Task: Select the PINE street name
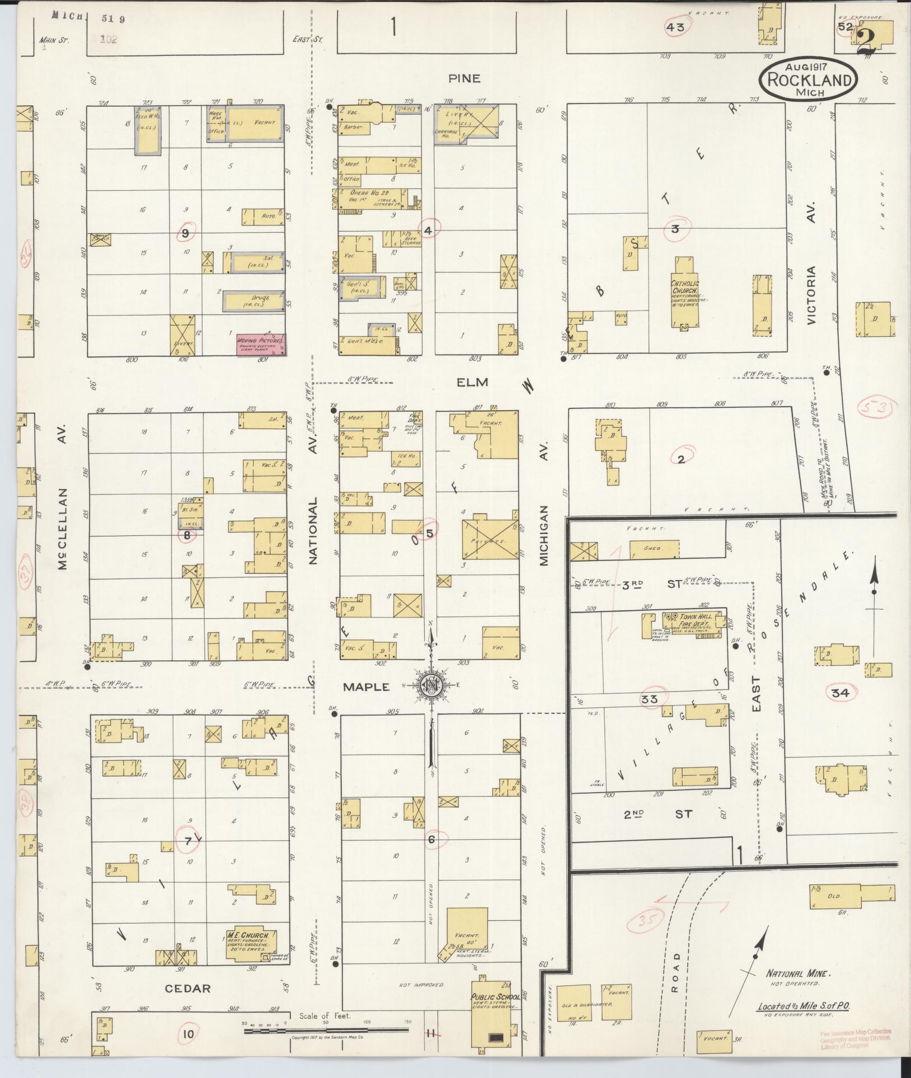coord(464,78)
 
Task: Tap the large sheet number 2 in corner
coord(866,40)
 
